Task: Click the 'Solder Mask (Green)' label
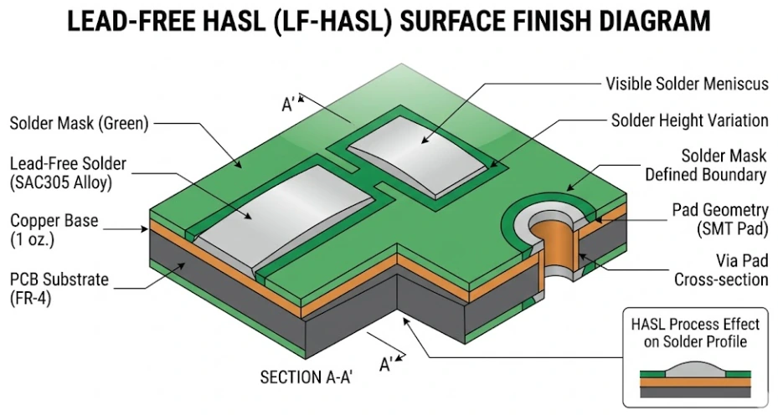(79, 124)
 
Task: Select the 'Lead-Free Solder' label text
(68, 163)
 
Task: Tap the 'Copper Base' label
(54, 221)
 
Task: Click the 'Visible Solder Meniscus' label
(686, 84)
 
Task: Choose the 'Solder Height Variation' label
(689, 120)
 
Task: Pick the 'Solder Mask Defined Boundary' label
(705, 166)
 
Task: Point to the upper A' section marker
(289, 104)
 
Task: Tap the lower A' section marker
(386, 364)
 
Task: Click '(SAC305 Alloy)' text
(63, 182)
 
